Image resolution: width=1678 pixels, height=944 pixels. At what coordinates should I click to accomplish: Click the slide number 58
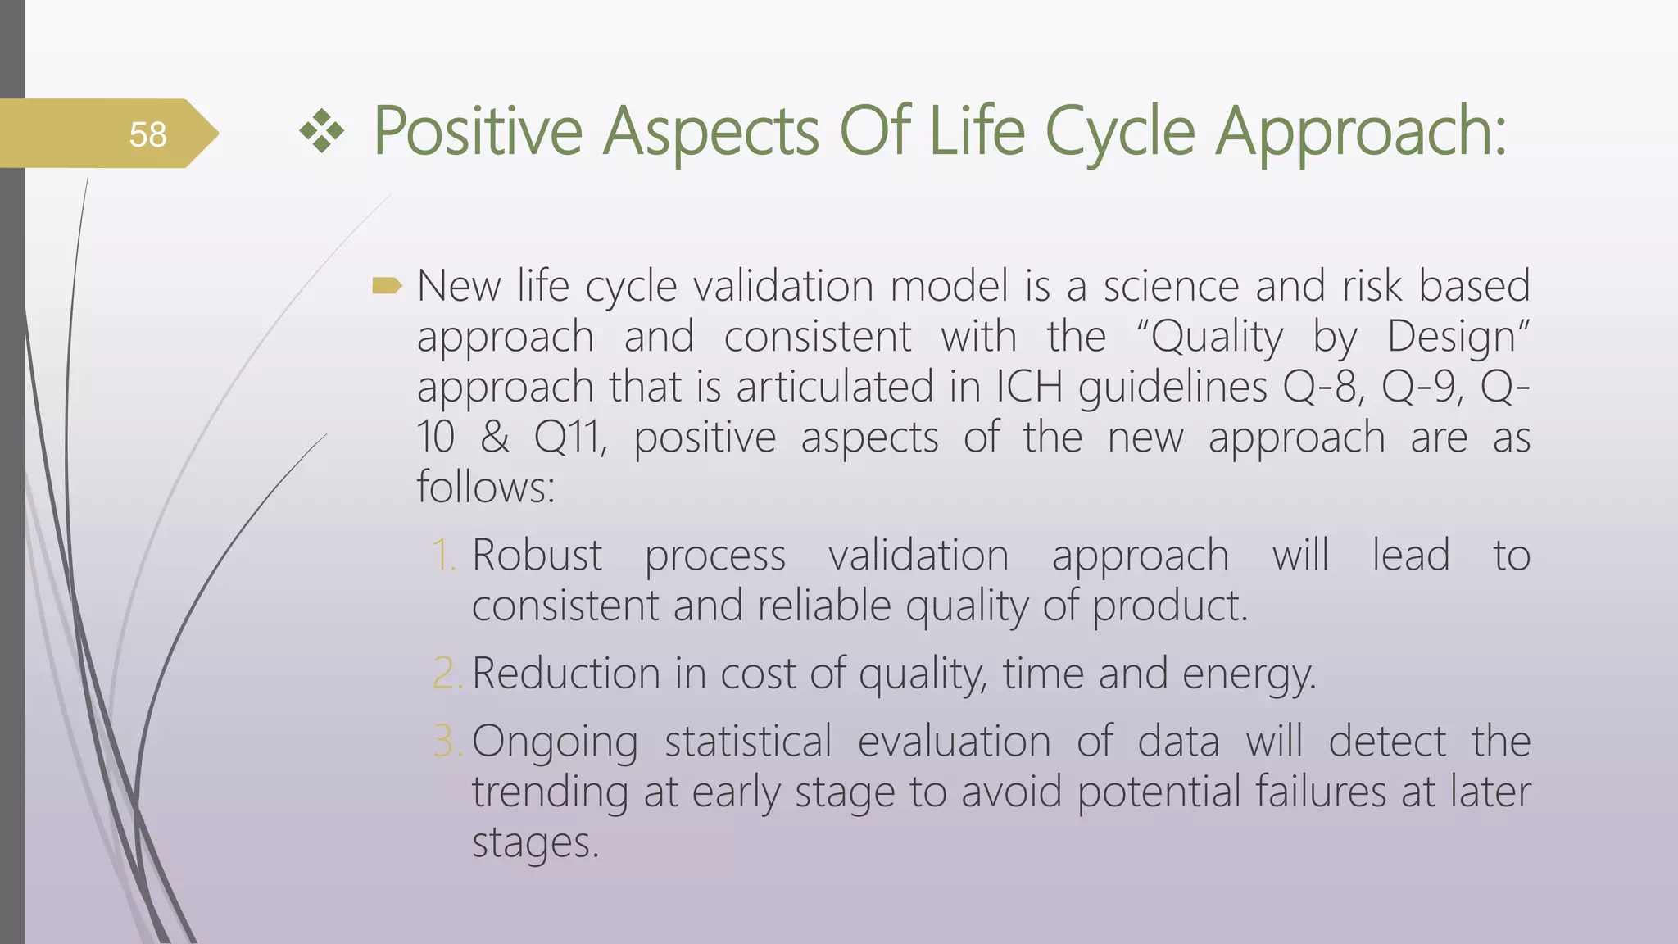(147, 134)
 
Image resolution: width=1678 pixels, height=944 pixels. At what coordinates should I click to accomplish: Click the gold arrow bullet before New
(387, 286)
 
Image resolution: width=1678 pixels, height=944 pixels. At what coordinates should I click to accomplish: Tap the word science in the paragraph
(1171, 286)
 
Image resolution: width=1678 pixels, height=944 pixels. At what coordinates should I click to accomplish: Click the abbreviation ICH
(1029, 387)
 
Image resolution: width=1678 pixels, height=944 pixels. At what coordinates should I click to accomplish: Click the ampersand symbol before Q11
(494, 437)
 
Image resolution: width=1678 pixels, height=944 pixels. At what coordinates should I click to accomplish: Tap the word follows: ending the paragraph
(486, 487)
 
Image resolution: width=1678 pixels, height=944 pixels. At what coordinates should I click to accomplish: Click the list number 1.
(443, 555)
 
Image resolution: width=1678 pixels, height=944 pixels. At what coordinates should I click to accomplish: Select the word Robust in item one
(537, 555)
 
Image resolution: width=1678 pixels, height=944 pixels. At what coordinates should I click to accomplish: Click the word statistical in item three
(747, 741)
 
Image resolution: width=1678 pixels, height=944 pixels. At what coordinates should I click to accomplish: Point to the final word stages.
(535, 842)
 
